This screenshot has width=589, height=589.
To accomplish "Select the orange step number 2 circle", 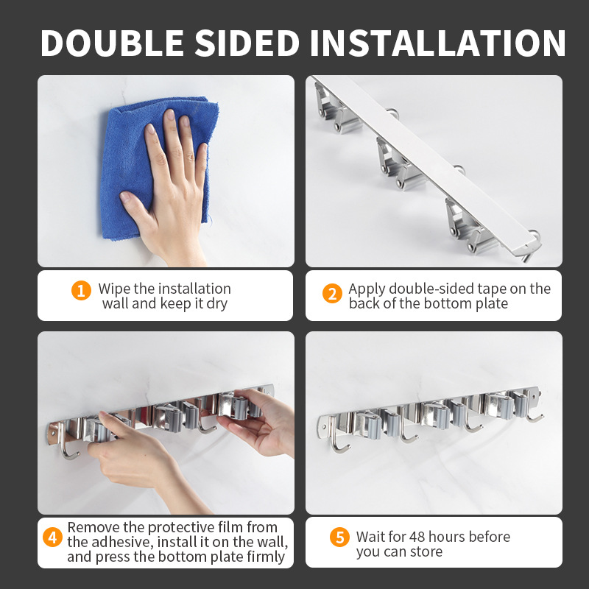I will coord(332,294).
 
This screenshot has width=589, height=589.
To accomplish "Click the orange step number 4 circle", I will coord(52,537).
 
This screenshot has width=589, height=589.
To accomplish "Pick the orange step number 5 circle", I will coord(339,537).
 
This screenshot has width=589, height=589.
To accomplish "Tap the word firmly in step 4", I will coord(264,557).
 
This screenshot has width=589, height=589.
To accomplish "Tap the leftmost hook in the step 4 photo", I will coord(68,449).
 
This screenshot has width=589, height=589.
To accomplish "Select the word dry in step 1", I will coord(216,304).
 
